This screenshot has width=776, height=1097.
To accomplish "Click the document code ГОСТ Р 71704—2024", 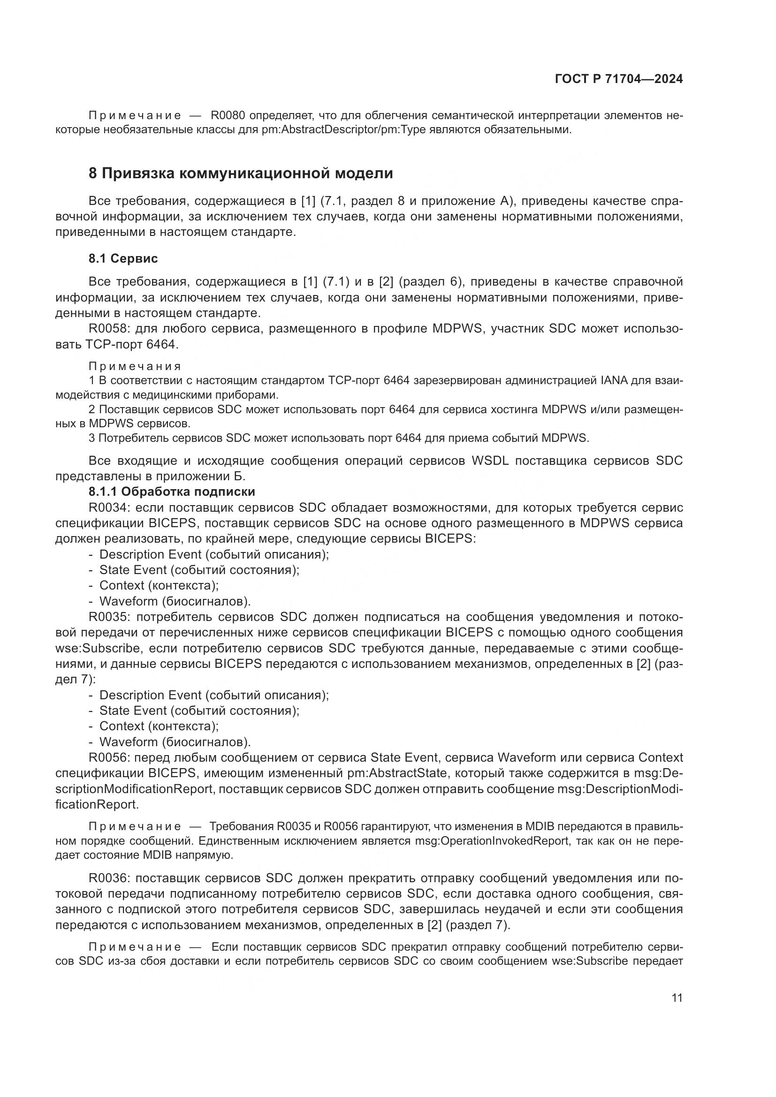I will [619, 79].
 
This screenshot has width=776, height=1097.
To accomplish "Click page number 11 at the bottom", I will [677, 998].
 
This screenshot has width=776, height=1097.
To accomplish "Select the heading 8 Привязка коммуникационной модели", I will [240, 173].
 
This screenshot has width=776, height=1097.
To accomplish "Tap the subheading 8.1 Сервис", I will [123, 258].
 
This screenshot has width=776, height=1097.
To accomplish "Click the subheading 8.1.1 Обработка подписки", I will [172, 491].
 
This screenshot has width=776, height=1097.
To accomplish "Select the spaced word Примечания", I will [135, 366].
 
